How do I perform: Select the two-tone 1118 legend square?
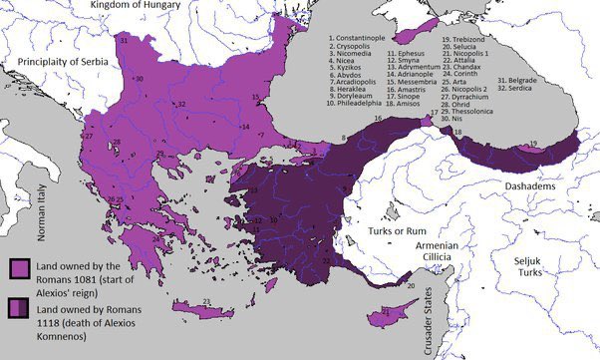point(18,307)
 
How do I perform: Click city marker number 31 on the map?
point(123,41)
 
